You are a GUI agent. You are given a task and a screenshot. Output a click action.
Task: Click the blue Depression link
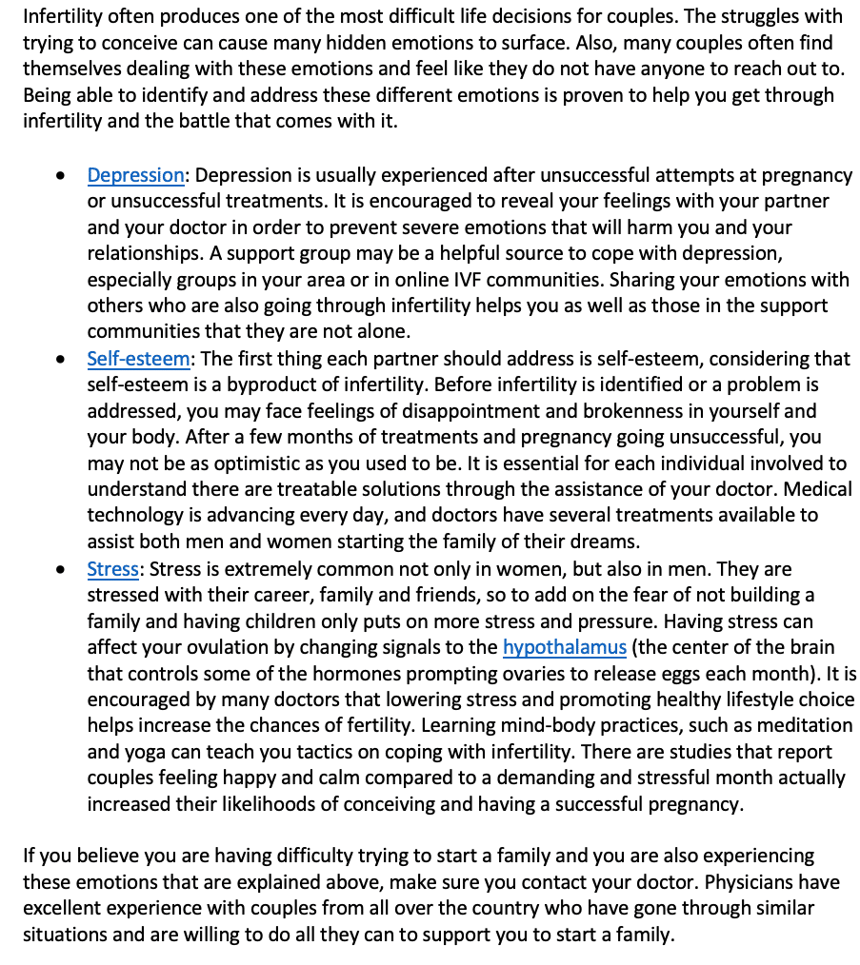135,175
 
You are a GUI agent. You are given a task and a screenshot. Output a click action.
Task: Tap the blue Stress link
112,569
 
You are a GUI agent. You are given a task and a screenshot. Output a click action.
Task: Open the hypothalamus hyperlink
564,647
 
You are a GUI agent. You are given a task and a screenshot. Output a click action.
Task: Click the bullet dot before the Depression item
62,176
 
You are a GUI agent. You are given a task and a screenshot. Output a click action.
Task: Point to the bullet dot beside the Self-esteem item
62,360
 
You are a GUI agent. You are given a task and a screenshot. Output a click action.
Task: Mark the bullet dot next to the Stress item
62,570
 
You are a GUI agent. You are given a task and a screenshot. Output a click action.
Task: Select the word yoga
150,752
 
